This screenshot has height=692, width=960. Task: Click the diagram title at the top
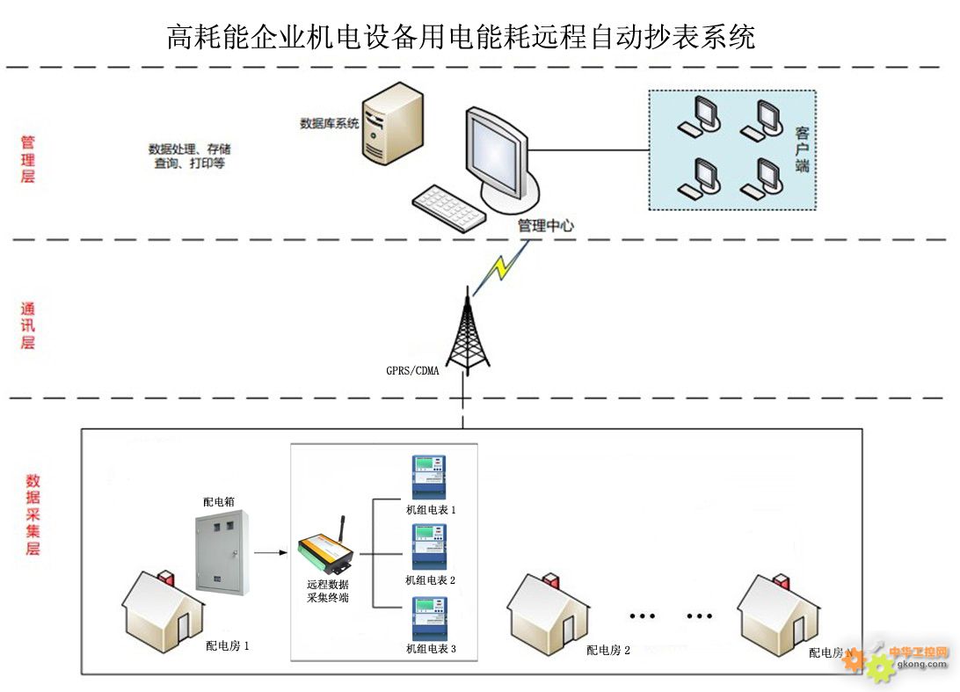(461, 37)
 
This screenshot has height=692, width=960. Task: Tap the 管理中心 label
(545, 226)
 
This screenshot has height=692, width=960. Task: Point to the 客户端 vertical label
(802, 149)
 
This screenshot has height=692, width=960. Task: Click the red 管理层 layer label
(28, 159)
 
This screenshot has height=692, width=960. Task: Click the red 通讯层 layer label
(28, 326)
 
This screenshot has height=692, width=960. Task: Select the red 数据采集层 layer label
(33, 514)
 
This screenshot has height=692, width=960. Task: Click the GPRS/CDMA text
(412, 370)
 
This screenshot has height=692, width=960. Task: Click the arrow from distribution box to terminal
(271, 553)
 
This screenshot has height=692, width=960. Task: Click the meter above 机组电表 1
(430, 477)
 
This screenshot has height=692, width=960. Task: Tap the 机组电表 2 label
(431, 580)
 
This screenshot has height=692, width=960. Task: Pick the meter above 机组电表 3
(430, 618)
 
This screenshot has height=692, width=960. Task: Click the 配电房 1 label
(228, 646)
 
